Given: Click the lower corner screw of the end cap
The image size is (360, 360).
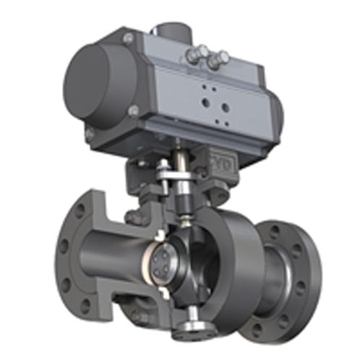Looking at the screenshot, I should (134, 110).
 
